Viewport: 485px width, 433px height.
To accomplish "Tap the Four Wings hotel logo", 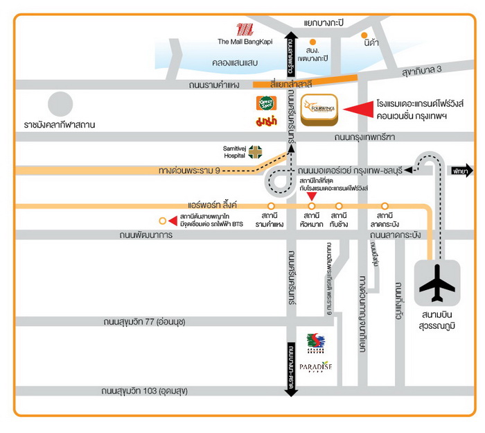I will [319, 110].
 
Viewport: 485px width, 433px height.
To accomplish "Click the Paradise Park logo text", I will [315, 366].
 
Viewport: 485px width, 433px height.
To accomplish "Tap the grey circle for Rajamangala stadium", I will [60, 105].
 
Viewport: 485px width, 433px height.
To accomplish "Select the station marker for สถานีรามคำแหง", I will [270, 206].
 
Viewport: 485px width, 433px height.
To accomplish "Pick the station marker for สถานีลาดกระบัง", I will [385, 206].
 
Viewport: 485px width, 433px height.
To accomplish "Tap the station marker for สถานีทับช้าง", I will [339, 206].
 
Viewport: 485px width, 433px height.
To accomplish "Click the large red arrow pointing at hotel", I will [360, 108].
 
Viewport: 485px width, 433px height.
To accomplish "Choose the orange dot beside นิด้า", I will [364, 34].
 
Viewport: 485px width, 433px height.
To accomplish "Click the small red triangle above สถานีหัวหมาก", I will [311, 196].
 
